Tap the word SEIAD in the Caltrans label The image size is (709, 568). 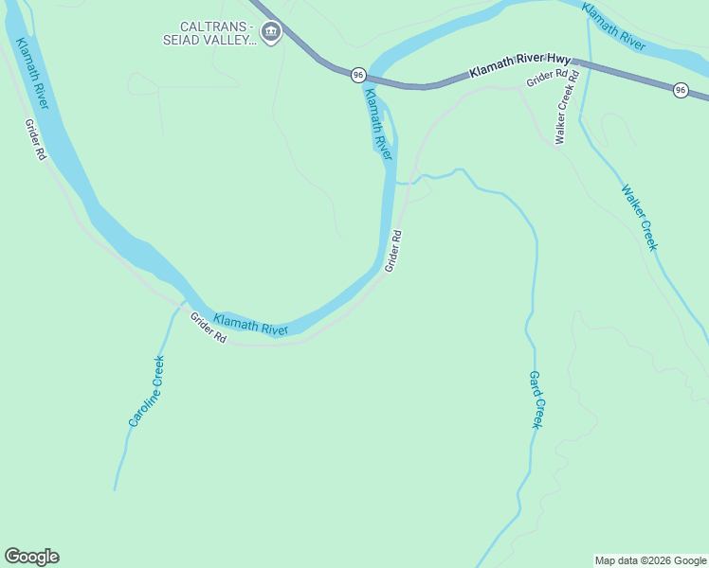click(x=186, y=41)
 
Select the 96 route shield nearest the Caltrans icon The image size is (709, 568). click(x=357, y=74)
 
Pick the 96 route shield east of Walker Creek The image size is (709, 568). click(x=681, y=90)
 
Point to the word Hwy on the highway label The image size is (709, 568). click(x=556, y=60)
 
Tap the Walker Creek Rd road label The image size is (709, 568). click(x=567, y=116)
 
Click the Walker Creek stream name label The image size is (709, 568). click(x=639, y=217)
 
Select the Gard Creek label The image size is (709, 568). click(x=535, y=399)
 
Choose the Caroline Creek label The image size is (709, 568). click(x=147, y=390)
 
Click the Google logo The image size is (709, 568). click(x=31, y=557)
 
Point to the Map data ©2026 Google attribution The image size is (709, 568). click(x=650, y=560)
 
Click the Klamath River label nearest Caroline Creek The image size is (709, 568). click(x=250, y=325)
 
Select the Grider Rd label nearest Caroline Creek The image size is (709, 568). click(x=208, y=328)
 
